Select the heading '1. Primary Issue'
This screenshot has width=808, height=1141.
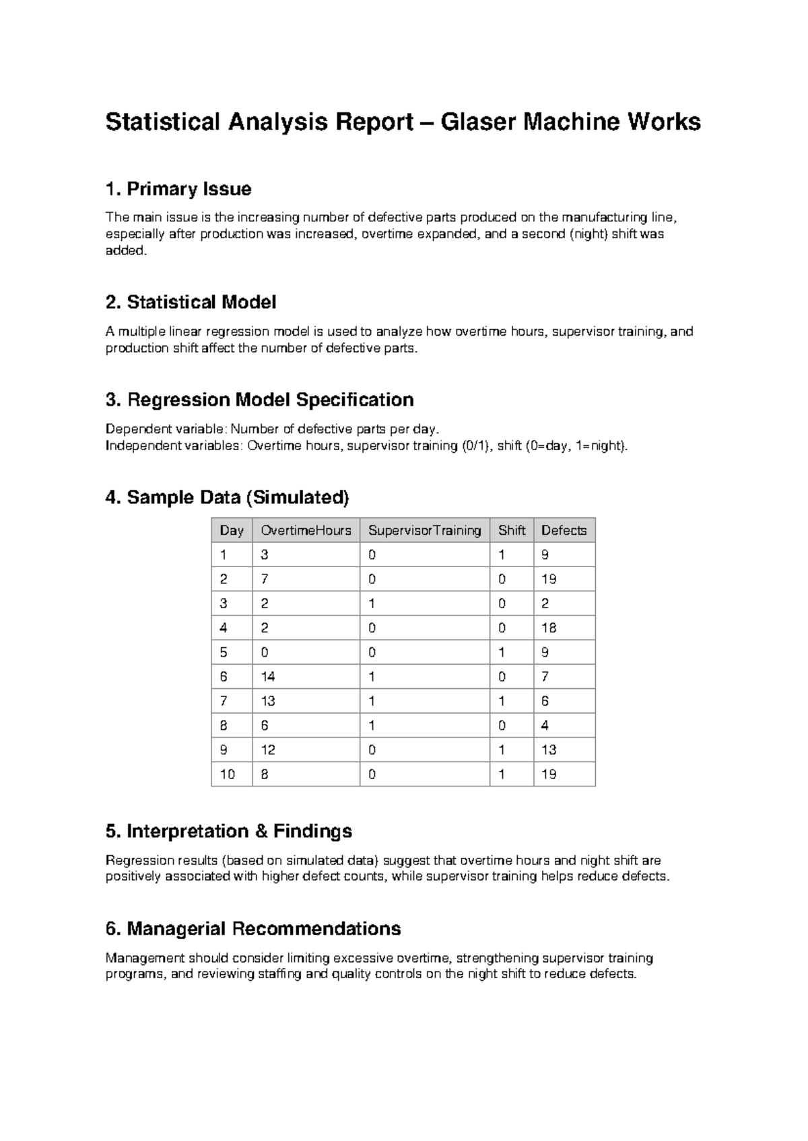point(178,189)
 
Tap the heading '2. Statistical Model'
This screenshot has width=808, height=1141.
point(191,303)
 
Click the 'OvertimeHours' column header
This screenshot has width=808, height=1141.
point(306,530)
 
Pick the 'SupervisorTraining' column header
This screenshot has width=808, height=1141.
point(424,530)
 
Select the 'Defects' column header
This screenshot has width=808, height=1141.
point(564,530)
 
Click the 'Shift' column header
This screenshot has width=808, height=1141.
point(511,530)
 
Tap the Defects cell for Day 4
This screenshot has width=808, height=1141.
point(549,628)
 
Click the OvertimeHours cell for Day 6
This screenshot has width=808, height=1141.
point(268,677)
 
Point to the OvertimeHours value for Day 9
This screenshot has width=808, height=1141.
point(268,749)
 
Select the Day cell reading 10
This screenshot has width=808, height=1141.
point(228,774)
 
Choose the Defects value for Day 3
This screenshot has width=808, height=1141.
point(545,603)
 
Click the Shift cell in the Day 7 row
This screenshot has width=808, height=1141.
point(502,701)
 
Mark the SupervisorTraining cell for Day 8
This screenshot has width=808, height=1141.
point(372,725)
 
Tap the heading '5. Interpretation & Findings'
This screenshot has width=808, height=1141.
point(229,832)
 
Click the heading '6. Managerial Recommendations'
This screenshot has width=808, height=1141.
point(253,929)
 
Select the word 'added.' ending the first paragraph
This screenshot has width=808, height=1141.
point(125,250)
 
